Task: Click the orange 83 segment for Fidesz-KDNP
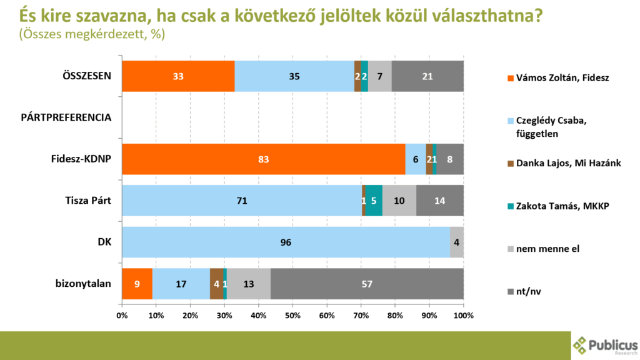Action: pos(263,159)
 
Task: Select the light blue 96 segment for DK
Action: pos(286,242)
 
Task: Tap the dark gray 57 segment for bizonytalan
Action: pos(367,283)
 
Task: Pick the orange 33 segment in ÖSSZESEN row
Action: pos(177,76)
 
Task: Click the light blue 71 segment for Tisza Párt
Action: pos(241,201)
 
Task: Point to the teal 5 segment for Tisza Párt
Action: pos(374,201)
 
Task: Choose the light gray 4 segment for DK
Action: pos(456,242)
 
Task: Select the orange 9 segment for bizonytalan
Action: pos(137,283)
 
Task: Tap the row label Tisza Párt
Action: pos(88,201)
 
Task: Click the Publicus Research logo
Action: pos(605,345)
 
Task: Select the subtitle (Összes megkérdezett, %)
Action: pos(92,35)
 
